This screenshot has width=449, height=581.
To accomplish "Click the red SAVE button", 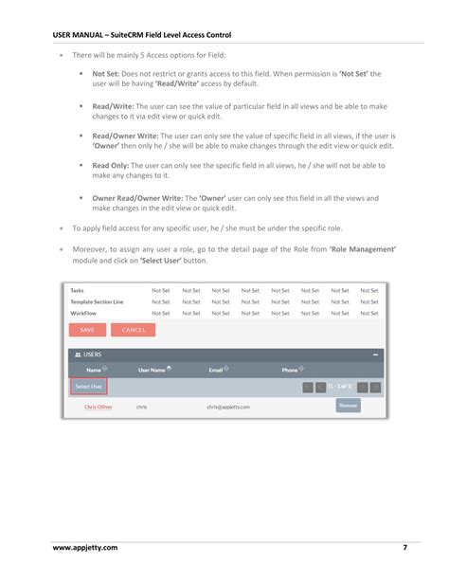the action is click(x=86, y=330).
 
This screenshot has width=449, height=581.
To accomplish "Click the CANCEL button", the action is click(x=133, y=330).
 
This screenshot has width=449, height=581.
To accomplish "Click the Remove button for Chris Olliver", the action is click(x=348, y=405).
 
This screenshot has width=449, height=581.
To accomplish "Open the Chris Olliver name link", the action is click(x=98, y=406).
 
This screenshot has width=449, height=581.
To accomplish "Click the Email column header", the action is click(x=218, y=370).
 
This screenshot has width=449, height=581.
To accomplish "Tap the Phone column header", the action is click(x=292, y=370).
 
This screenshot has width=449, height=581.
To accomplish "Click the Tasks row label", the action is click(x=78, y=290).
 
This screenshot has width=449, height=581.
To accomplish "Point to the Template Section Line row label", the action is click(x=98, y=300).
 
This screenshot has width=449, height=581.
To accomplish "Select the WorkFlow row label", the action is click(x=84, y=312).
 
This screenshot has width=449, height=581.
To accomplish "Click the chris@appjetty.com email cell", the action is click(x=228, y=406).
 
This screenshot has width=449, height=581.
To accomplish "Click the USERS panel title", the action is click(x=92, y=354).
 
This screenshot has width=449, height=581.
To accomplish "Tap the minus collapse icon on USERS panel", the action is click(x=375, y=354).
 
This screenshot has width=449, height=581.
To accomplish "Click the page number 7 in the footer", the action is click(x=405, y=548).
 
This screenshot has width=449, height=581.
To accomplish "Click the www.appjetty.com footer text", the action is click(x=85, y=548).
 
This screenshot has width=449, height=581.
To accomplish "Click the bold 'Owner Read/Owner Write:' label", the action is click(x=139, y=198).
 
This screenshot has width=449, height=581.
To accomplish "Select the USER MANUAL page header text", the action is click(x=141, y=35).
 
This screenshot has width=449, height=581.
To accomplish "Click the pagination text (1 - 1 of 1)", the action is click(x=340, y=387).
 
